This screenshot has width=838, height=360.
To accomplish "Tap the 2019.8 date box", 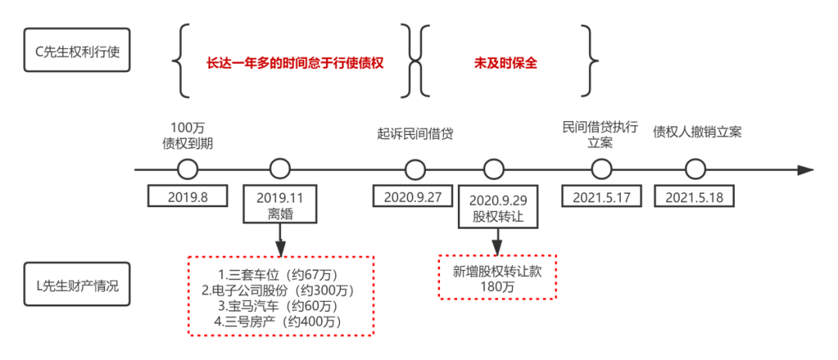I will pos(188,196).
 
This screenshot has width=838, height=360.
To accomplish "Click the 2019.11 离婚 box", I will pos(280,205).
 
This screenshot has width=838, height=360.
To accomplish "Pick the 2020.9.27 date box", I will pos(412,196).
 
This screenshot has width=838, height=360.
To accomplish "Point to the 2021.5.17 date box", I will pos(601,196).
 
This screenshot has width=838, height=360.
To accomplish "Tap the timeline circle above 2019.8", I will pos(188,169).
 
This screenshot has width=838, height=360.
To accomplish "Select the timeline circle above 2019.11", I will pos(280,169).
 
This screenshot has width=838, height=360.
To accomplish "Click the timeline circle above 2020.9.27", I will pos(415,169).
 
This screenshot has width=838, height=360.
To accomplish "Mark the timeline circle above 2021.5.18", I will pos(695,169).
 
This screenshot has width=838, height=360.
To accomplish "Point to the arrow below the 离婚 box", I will pos(280,242).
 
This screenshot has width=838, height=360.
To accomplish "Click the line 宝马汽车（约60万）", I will pos(281,306).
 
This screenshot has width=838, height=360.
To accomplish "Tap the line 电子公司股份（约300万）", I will pos(281,290).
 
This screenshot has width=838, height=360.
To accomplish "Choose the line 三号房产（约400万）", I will pos(281,321).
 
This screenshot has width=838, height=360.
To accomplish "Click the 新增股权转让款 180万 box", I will pos(497,277).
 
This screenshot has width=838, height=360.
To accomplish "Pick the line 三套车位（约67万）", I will pos(281,275).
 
